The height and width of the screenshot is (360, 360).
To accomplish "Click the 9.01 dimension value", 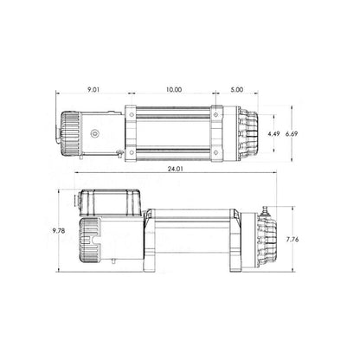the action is tap(93, 90).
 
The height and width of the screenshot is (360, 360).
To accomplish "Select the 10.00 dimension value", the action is tap(174, 90).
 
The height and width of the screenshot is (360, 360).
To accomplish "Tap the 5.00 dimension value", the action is tap(237, 90).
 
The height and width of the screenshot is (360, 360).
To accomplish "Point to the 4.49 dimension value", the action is tap(273, 134).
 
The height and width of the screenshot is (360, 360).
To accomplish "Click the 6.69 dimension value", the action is tap(292, 134).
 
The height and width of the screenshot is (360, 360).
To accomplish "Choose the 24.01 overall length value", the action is tap(176, 169).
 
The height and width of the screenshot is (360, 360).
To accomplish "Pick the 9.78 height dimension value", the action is tap(59, 231).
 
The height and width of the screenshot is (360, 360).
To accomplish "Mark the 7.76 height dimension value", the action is tap(292, 239).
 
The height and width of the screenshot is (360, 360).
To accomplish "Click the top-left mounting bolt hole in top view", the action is tap(132, 114).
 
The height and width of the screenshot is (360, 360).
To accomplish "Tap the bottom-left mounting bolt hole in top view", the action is tap(132, 152).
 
